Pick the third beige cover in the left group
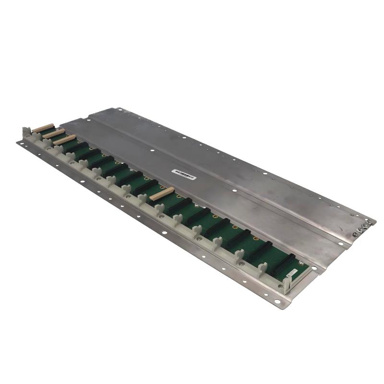coord(65,141)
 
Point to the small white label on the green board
coord(291,273)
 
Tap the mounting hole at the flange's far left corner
coord(19,143)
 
